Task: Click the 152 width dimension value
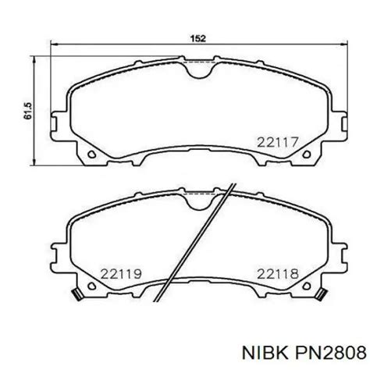pyautogui.click(x=198, y=38)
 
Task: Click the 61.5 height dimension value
pyautogui.click(x=27, y=111)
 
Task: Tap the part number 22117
pyautogui.click(x=277, y=142)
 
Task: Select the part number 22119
pyautogui.click(x=121, y=274)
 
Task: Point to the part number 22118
pyautogui.click(x=278, y=274)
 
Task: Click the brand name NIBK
pyautogui.click(x=265, y=354)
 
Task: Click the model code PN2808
pyautogui.click(x=330, y=354)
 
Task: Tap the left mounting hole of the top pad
pyautogui.click(x=91, y=155)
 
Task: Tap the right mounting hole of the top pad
pyautogui.click(x=307, y=155)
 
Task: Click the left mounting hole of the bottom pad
pyautogui.click(x=91, y=286)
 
